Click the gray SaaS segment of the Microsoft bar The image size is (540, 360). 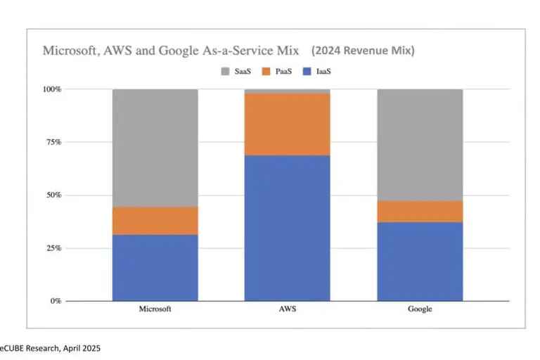(x=155, y=148)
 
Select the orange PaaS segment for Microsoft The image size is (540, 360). (x=155, y=221)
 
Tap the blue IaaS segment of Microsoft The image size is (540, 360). (x=155, y=267)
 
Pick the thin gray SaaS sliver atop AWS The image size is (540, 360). (x=287, y=91)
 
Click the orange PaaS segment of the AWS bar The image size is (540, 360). (x=287, y=124)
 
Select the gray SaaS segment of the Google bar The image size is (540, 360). (x=420, y=145)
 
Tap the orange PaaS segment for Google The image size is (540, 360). (x=420, y=212)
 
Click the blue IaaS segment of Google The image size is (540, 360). (x=420, y=262)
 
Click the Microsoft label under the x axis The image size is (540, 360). (x=155, y=309)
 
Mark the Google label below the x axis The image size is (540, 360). (x=420, y=309)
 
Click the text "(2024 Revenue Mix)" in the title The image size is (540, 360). (x=363, y=51)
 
